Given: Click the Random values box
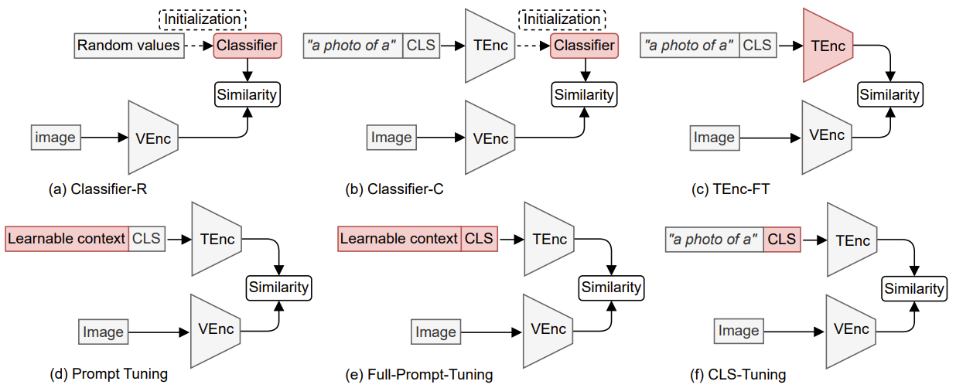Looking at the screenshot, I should coord(128,46).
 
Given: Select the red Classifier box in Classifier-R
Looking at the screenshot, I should coord(246,46).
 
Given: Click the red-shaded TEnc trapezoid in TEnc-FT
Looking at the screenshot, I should coord(828,46).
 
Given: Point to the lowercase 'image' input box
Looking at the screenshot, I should coord(55,138).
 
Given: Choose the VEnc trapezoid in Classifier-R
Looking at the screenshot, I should coord(153,138).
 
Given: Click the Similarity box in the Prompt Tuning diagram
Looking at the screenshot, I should coord(278,288).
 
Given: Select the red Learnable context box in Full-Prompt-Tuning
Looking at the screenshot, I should coord(400,239).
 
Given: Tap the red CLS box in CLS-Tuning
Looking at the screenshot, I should coord(781,239).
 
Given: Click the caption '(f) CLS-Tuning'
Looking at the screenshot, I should coord(738,376).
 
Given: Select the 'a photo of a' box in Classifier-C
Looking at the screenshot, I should coord(353,46).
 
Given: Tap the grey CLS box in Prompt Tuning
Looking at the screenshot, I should coord(146,239).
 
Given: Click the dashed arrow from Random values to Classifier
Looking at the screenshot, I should coord(196,46).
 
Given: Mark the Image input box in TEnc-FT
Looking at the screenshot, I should coord(713,138).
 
